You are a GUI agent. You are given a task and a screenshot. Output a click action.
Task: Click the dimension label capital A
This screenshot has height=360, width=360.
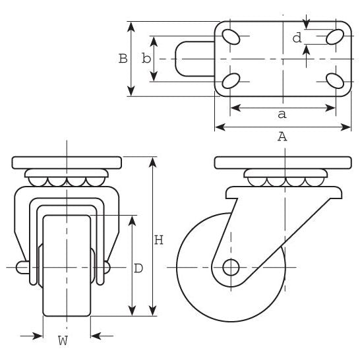click(282, 137)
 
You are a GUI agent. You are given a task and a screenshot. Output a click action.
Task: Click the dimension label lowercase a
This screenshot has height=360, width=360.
click(282, 115)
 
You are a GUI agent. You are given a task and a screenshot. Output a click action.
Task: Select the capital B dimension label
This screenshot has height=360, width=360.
click(123, 59)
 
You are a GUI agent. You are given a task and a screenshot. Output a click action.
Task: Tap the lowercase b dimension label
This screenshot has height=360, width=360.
click(146, 59)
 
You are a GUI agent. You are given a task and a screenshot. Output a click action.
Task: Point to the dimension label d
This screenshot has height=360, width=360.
click(297, 38)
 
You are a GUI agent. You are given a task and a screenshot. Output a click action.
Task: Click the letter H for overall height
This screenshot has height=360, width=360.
click(158, 240)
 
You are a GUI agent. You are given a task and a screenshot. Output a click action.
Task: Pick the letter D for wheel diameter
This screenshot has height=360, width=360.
click(138, 268)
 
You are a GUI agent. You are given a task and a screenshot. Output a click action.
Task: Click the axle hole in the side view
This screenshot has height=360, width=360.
click(230, 267)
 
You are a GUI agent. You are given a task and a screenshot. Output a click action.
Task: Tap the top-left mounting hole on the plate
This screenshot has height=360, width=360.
click(231, 36)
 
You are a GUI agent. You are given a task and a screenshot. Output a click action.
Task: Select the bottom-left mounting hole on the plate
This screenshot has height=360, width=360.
click(231, 81)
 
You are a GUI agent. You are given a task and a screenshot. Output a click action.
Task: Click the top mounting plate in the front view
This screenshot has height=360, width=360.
click(67, 162)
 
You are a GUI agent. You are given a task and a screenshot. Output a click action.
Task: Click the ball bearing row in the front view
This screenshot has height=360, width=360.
click(67, 180)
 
